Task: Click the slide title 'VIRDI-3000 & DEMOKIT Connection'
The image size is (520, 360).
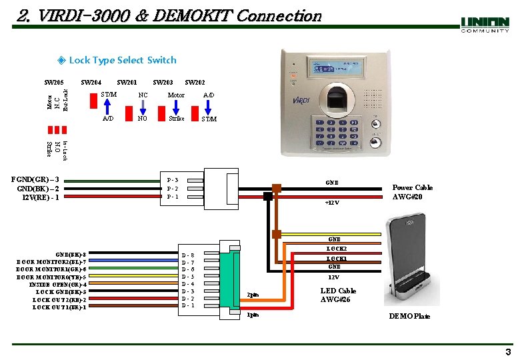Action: click(169, 15)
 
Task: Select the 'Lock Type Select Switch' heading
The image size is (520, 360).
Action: click(123, 60)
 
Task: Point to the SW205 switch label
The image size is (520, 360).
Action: click(53, 83)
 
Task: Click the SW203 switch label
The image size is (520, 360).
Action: click(163, 83)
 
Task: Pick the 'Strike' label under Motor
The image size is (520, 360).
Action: click(176, 119)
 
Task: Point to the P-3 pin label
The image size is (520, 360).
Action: click(173, 180)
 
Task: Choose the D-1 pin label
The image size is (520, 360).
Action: click(188, 306)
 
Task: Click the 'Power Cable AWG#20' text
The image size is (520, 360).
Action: click(412, 192)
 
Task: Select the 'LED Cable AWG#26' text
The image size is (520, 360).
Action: click(338, 295)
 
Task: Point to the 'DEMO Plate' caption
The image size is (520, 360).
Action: click(409, 316)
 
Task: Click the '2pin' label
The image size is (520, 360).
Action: click(253, 295)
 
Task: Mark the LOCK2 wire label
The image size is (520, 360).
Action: click(336, 249)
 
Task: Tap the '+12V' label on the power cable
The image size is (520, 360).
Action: click(332, 203)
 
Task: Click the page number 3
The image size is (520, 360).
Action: click(508, 352)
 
